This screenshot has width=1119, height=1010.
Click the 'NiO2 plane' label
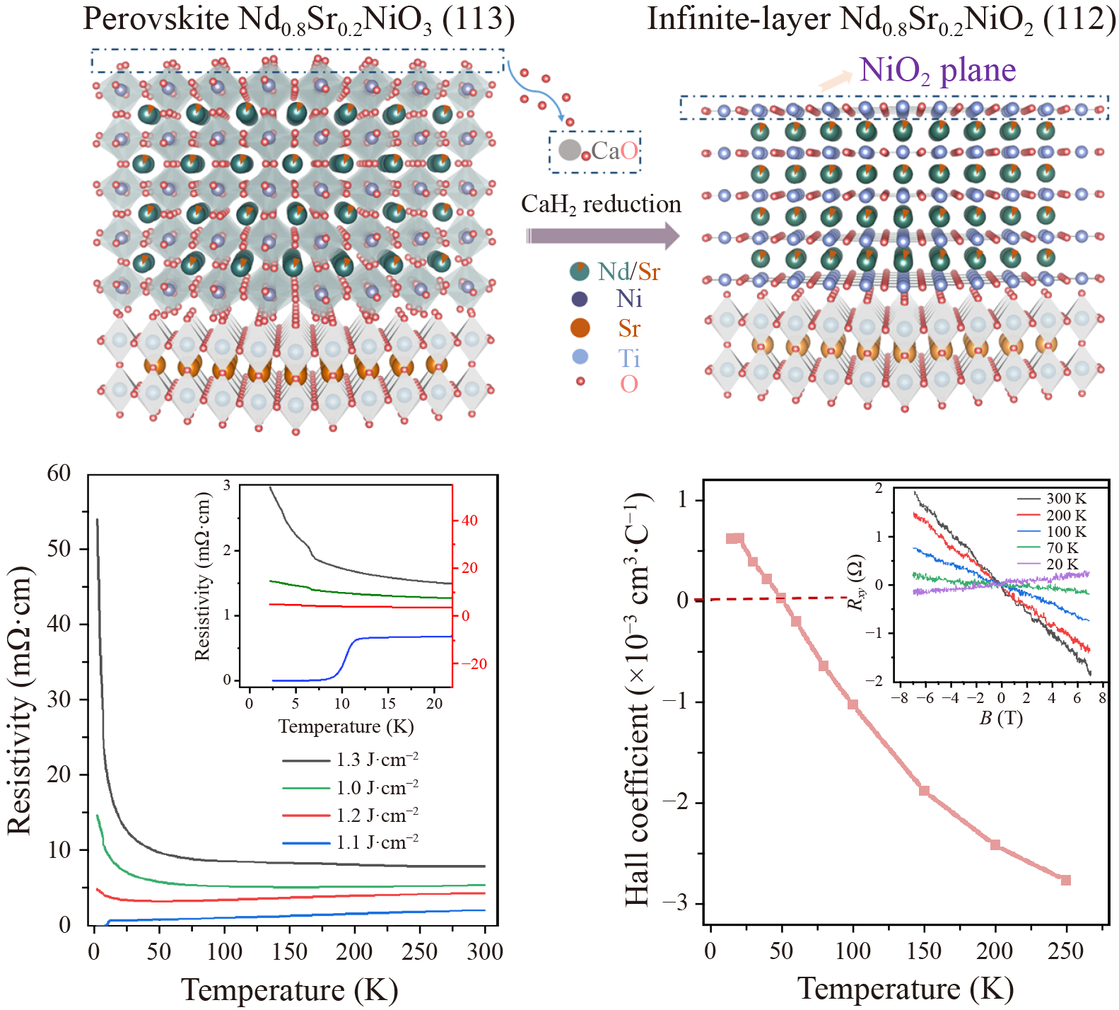click(937, 70)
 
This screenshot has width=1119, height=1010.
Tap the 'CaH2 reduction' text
click(601, 204)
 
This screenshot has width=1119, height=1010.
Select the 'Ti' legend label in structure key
click(629, 358)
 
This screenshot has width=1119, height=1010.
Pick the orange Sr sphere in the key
click(580, 328)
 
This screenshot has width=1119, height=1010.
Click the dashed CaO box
click(595, 151)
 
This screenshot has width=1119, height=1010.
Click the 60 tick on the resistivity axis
click(59, 473)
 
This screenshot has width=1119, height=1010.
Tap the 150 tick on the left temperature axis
click(289, 951)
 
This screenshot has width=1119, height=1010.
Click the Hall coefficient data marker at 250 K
click(1066, 880)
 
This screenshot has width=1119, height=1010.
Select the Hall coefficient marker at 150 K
click(924, 791)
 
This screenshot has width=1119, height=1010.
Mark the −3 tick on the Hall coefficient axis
click(675, 903)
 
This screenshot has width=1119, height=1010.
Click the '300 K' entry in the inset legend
click(1053, 499)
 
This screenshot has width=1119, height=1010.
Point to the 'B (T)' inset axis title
click(1000, 719)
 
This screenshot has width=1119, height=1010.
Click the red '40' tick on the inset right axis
click(469, 521)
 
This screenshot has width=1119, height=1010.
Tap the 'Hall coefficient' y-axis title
click(637, 700)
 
